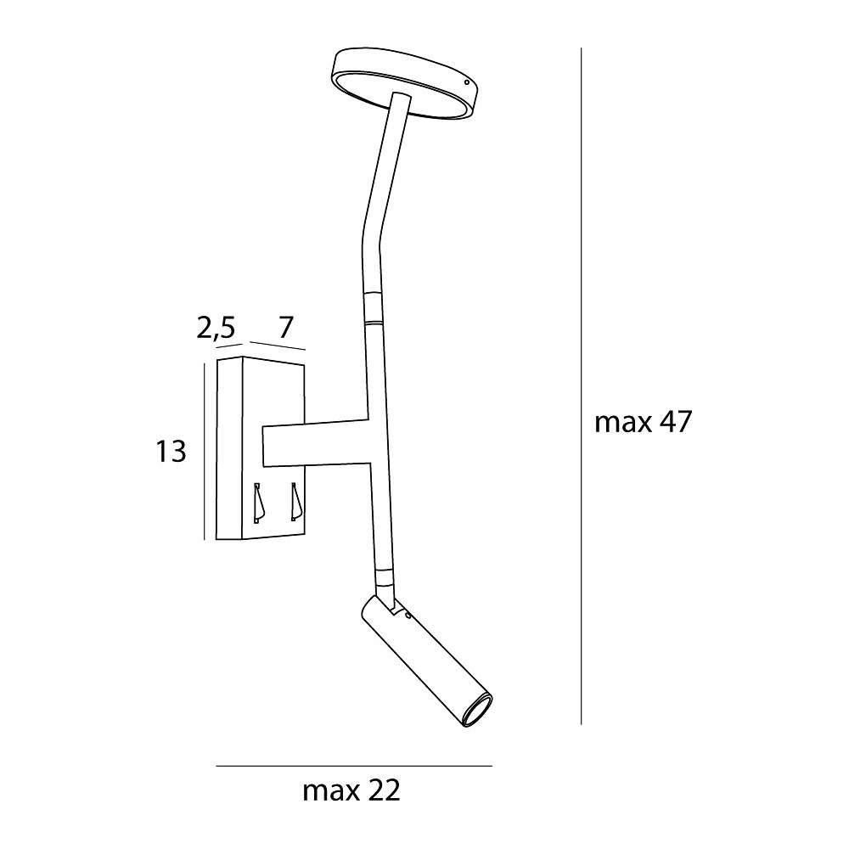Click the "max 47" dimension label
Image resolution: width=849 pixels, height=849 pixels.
point(644,422)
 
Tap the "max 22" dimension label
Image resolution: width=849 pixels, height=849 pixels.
point(351,791)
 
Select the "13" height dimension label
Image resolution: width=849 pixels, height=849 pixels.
point(171,451)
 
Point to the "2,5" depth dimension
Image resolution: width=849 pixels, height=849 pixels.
point(216,328)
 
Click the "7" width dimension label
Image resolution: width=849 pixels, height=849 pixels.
point(286,327)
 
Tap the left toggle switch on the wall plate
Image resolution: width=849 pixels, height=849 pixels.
point(258,503)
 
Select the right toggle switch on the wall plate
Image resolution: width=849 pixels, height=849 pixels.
point(295,502)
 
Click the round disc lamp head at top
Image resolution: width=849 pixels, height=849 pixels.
point(406,84)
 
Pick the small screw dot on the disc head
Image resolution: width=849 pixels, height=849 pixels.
point(468,82)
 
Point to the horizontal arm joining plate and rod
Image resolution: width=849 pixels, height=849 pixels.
point(316,443)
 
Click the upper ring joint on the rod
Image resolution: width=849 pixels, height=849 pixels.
point(373,307)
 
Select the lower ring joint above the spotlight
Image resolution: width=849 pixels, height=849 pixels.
point(385,579)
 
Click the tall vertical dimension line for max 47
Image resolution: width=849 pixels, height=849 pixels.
point(581,386)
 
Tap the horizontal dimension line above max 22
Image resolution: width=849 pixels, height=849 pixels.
point(354,766)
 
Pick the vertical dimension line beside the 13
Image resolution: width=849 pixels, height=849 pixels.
point(205,452)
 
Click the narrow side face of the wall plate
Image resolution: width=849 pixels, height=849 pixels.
point(229,447)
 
